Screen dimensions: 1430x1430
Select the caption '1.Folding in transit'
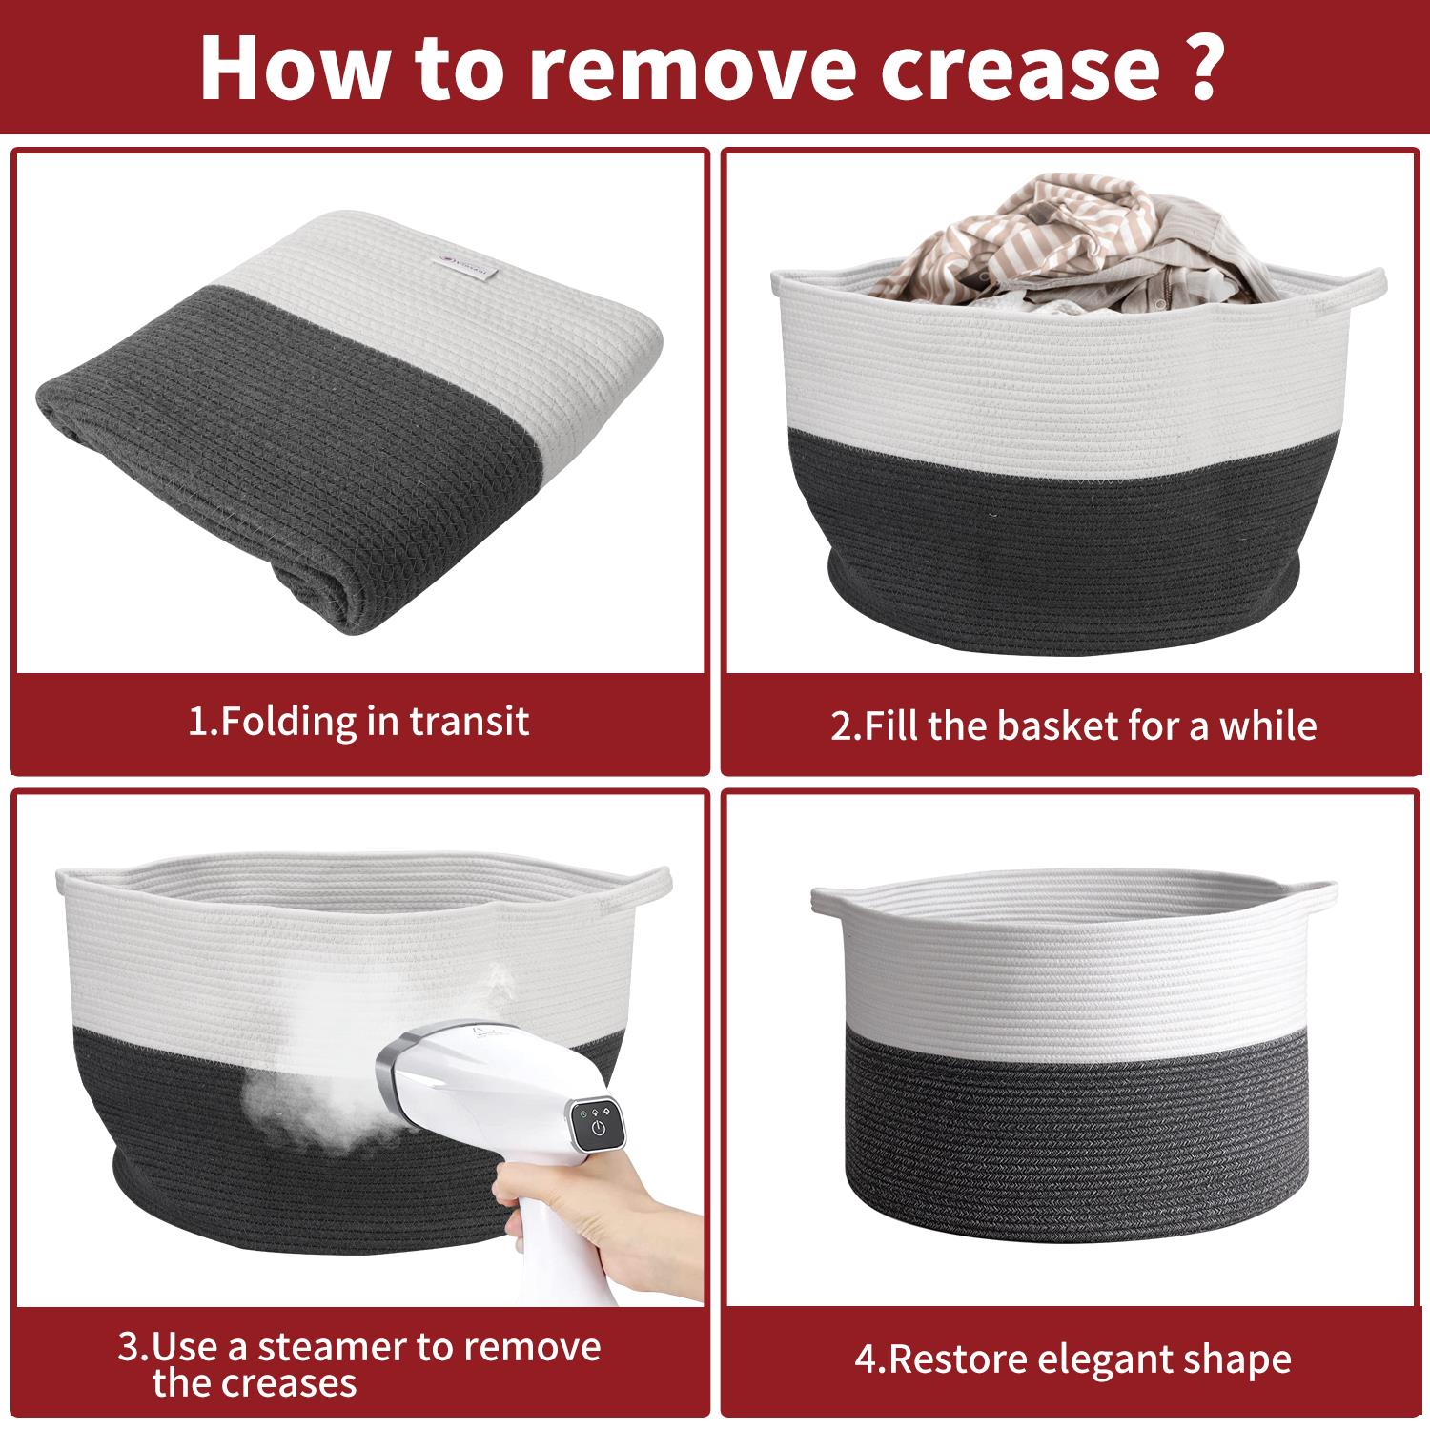pyautogui.click(x=358, y=721)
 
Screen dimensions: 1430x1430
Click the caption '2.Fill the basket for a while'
pyautogui.click(x=1073, y=726)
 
